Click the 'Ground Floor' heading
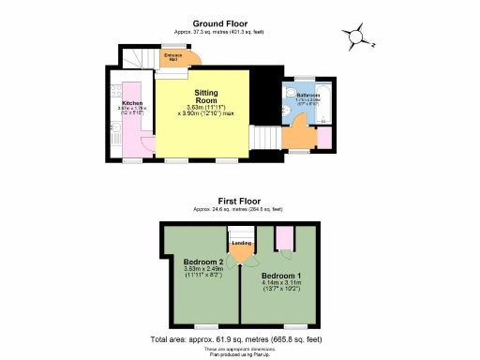coord(219,22)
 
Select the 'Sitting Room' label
coord(206,95)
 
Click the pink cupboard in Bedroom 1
coord(281,238)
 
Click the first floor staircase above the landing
coord(241,231)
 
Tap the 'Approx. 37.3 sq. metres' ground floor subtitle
coord(219,31)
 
